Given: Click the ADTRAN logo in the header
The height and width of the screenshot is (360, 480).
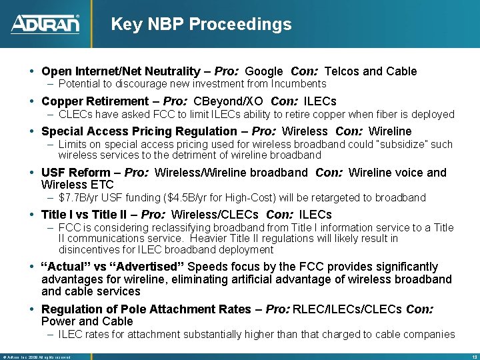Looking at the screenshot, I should point(45,24).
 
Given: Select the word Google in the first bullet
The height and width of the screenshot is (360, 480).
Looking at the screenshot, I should point(264,71).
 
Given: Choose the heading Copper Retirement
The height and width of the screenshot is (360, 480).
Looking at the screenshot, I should point(95,101).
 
